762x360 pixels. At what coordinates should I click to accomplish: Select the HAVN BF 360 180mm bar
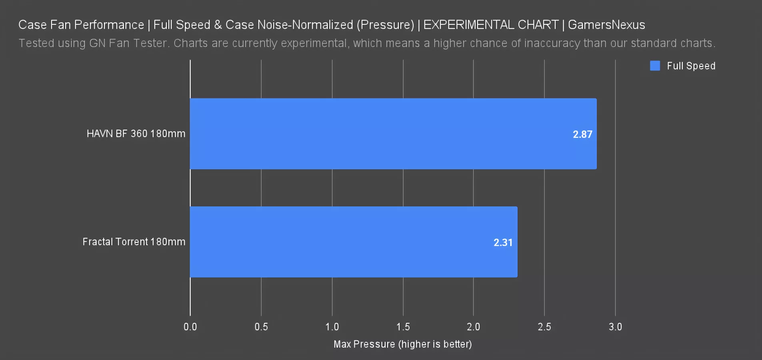point(393,134)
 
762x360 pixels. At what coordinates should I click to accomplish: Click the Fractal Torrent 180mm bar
point(354,242)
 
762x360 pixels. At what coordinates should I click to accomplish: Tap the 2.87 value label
point(582,134)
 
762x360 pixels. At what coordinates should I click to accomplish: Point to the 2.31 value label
point(503,242)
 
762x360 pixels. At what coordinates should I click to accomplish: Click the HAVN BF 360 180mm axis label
point(136,134)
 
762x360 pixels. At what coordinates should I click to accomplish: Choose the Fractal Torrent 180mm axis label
point(134,242)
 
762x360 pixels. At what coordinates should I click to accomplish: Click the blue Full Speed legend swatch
point(655,66)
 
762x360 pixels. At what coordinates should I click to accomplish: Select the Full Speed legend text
point(691,66)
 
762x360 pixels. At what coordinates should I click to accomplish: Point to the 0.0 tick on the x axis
point(190,327)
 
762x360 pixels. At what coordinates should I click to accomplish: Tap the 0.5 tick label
point(261,327)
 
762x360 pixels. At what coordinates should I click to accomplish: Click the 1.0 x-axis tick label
point(332,327)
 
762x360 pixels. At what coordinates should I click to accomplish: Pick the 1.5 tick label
point(403,327)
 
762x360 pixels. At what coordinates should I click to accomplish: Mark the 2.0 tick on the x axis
point(473,327)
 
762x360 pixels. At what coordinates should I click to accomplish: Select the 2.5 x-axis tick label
point(544,327)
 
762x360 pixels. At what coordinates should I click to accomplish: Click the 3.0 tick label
point(615,327)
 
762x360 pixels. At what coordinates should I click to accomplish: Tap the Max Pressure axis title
point(403,344)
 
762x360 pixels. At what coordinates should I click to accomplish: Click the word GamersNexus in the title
point(606,25)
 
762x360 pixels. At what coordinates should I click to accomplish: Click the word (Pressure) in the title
point(385,25)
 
